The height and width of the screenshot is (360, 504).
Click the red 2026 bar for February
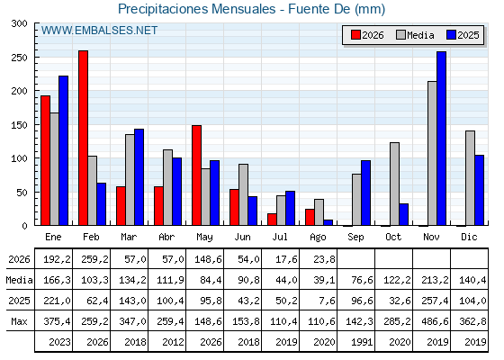pyautogui.click(x=83, y=138)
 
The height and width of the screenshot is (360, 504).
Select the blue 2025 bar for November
pyautogui.click(x=441, y=139)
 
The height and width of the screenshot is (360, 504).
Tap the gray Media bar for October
pyautogui.click(x=395, y=184)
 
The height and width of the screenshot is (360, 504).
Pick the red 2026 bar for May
pyautogui.click(x=197, y=175)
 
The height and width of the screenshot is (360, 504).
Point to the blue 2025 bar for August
pyautogui.click(x=328, y=222)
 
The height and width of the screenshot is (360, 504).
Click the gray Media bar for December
pyautogui.click(x=470, y=178)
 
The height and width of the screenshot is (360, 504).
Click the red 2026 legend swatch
pyautogui.click(x=355, y=35)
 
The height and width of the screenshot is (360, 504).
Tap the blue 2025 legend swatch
pyautogui.click(x=451, y=35)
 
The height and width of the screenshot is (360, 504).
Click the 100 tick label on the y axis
pyautogui.click(x=19, y=158)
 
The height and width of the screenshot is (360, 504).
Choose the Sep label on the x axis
pyautogui.click(x=355, y=238)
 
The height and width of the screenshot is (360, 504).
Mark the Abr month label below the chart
pyautogui.click(x=166, y=237)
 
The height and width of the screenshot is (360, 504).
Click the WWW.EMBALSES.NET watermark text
pyautogui.click(x=99, y=31)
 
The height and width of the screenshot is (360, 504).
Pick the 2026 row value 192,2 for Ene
pyautogui.click(x=57, y=259)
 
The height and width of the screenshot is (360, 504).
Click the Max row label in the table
pyautogui.click(x=19, y=321)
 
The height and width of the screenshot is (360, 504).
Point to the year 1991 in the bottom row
pyautogui.click(x=362, y=342)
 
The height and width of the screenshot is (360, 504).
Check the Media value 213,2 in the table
pyautogui.click(x=435, y=280)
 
